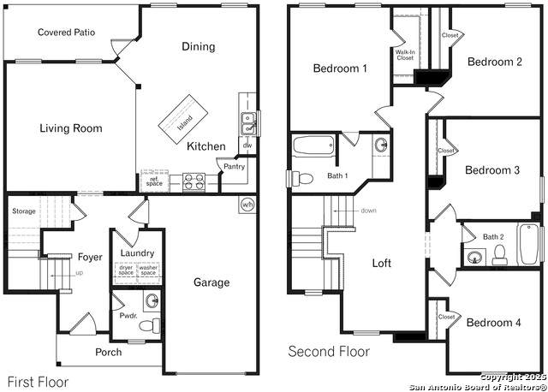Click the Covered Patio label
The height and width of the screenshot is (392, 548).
click(67, 33)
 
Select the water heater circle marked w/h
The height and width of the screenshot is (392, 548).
click(247, 205)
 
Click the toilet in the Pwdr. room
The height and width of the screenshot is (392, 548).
click(150, 325)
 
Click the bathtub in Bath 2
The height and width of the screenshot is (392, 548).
click(528, 244)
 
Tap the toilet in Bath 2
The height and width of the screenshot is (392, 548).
click(498, 255)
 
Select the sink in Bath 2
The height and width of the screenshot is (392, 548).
click(474, 258)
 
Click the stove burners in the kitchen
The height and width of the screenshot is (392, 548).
click(194, 182)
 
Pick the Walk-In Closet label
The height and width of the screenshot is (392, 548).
click(405, 55)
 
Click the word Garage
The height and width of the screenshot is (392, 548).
click(211, 282)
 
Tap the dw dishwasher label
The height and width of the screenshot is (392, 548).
click(247, 145)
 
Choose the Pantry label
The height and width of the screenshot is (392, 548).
click(234, 167)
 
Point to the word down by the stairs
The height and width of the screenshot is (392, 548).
click(369, 211)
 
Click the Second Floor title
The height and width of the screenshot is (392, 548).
click(329, 351)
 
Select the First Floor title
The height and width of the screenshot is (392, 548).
click(38, 382)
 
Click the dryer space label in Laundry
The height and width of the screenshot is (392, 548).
click(126, 270)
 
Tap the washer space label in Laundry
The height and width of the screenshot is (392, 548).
click(148, 270)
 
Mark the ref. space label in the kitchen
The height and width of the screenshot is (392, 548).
click(154, 181)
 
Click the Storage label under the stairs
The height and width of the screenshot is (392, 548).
click(24, 211)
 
